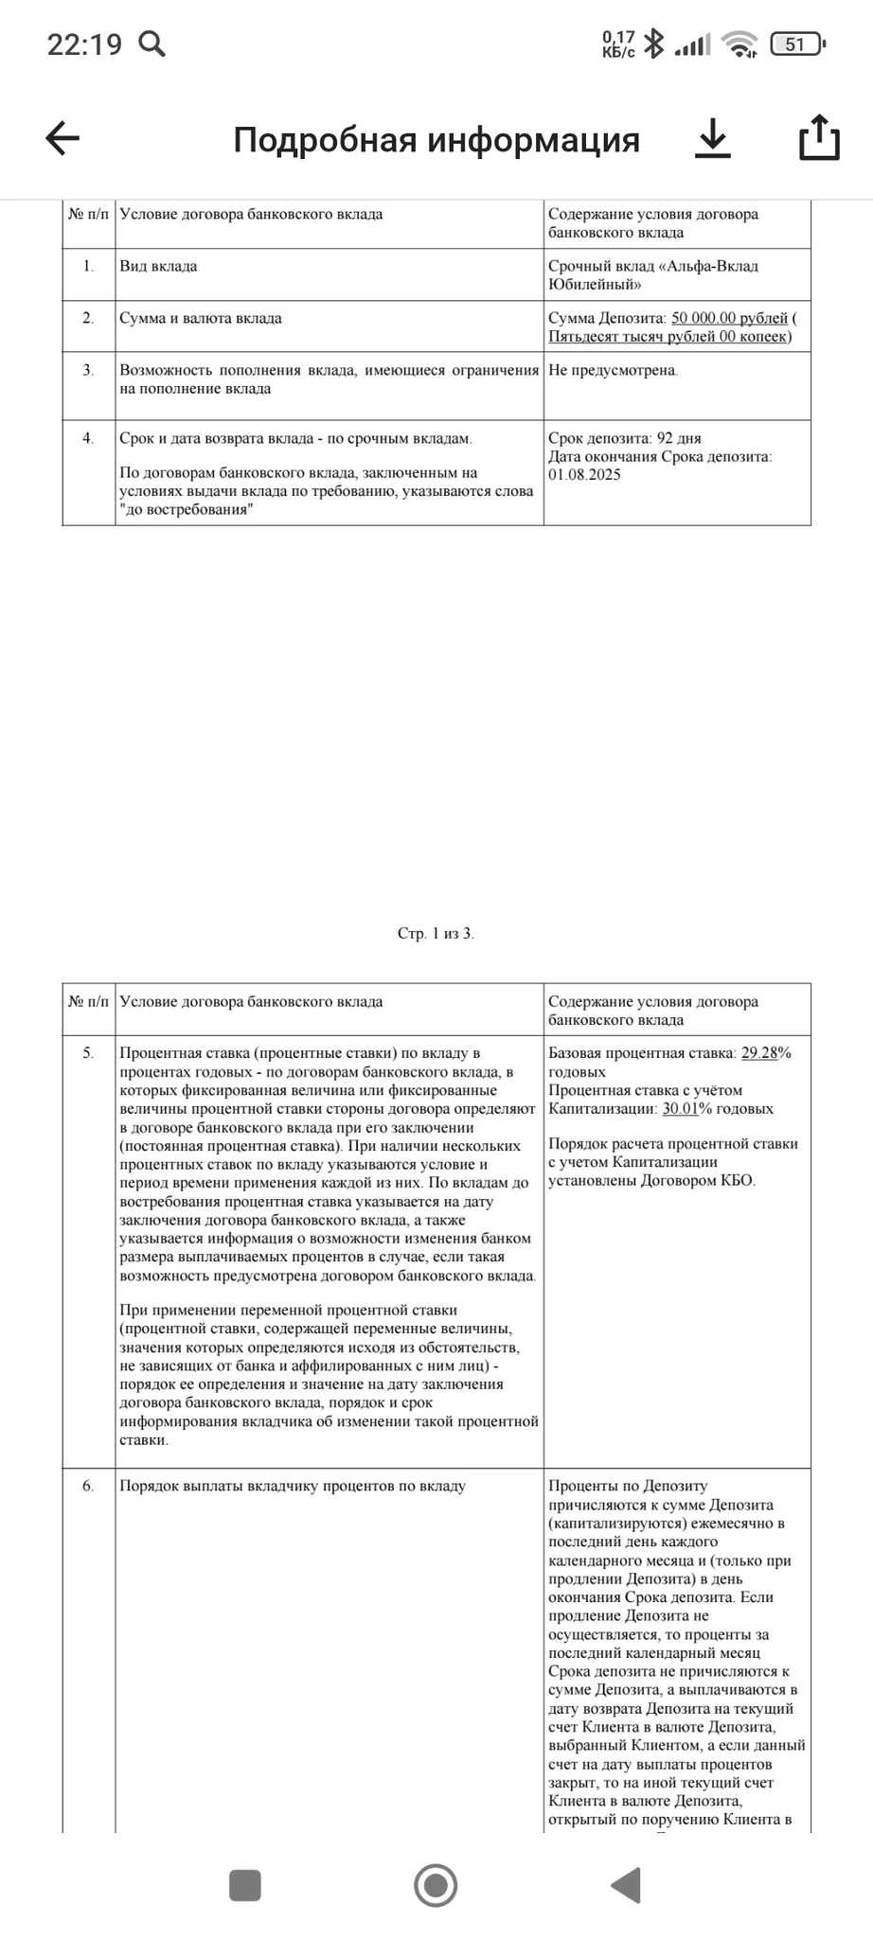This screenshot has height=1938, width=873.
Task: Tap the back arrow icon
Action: click(62, 138)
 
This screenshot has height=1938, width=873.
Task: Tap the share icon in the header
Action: click(819, 138)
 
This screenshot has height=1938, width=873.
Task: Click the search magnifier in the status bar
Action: click(151, 44)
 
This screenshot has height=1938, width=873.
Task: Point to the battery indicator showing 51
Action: click(797, 44)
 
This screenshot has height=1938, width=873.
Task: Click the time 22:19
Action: click(84, 44)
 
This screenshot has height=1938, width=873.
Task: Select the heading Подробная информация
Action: click(436, 140)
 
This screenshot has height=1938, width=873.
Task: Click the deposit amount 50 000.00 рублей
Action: click(729, 318)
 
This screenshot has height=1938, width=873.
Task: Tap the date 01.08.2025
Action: click(584, 474)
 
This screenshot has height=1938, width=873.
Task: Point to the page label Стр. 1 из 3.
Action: click(436, 933)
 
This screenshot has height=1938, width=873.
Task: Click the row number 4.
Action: click(88, 438)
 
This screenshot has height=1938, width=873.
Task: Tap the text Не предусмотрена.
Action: click(613, 370)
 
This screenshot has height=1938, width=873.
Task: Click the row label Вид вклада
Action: click(158, 266)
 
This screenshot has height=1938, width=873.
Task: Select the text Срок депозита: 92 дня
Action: click(624, 438)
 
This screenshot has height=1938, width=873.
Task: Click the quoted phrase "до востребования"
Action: click(187, 510)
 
